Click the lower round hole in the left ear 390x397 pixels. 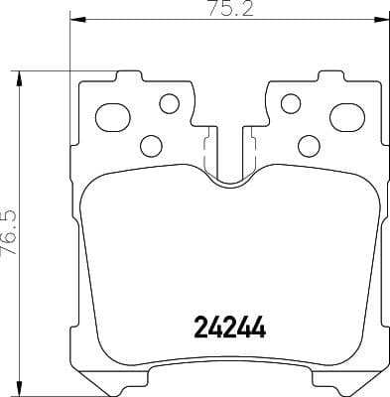151,146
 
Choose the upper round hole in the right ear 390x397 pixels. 290,102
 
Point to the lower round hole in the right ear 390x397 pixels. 306,146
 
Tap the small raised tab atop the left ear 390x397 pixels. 126,75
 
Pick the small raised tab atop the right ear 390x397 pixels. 328,75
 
